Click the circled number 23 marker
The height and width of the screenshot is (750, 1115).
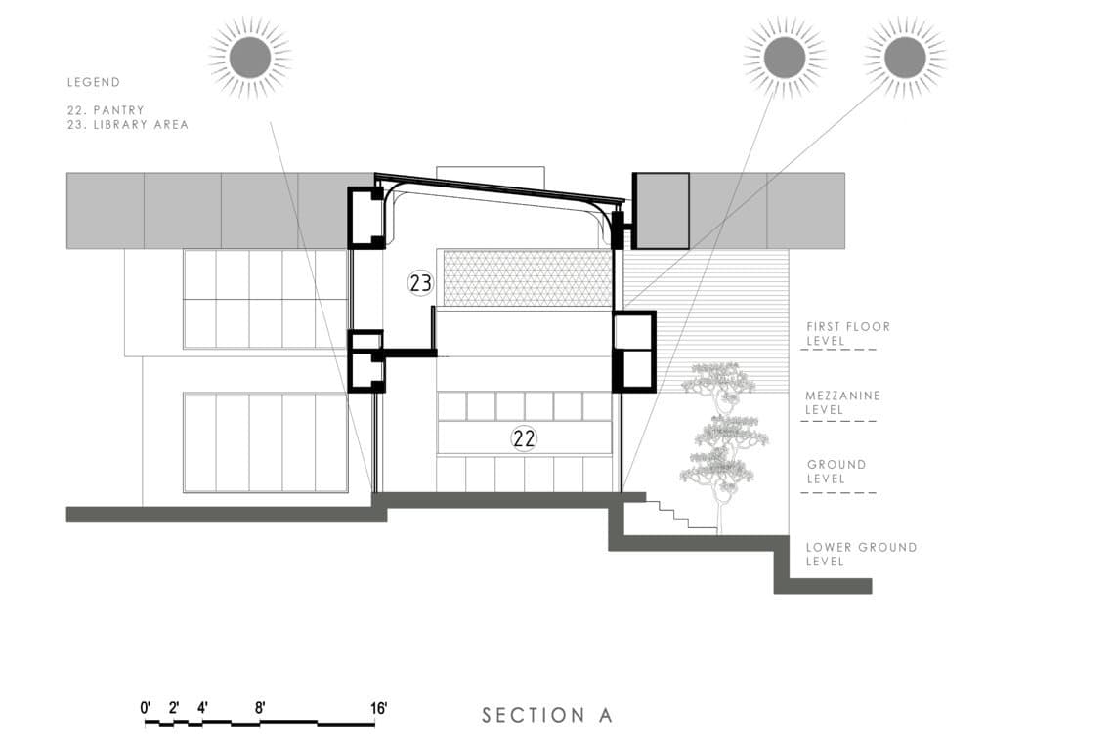(420, 283)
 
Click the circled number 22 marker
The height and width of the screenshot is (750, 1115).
(525, 438)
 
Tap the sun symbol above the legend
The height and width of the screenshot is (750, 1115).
(249, 57)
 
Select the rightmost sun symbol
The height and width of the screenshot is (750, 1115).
(905, 57)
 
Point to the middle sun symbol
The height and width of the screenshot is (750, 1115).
(785, 57)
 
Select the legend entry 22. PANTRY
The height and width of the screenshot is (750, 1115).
(106, 111)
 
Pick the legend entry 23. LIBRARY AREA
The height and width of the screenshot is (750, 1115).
(127, 125)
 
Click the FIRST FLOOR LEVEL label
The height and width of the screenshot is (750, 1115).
(847, 334)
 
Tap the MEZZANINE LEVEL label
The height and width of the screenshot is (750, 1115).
(842, 402)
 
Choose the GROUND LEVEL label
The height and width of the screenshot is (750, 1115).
(836, 472)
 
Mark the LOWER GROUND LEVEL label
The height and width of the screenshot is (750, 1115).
(861, 554)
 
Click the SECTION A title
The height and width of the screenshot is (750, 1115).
(547, 715)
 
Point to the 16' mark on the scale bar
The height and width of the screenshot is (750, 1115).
(378, 708)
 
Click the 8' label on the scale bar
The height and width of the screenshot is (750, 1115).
(260, 708)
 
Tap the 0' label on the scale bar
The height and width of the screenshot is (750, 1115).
(146, 708)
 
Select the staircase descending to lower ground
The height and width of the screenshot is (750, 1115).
(675, 514)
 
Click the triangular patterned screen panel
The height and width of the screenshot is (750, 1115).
(528, 277)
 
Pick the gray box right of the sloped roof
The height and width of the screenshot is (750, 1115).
(662, 210)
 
